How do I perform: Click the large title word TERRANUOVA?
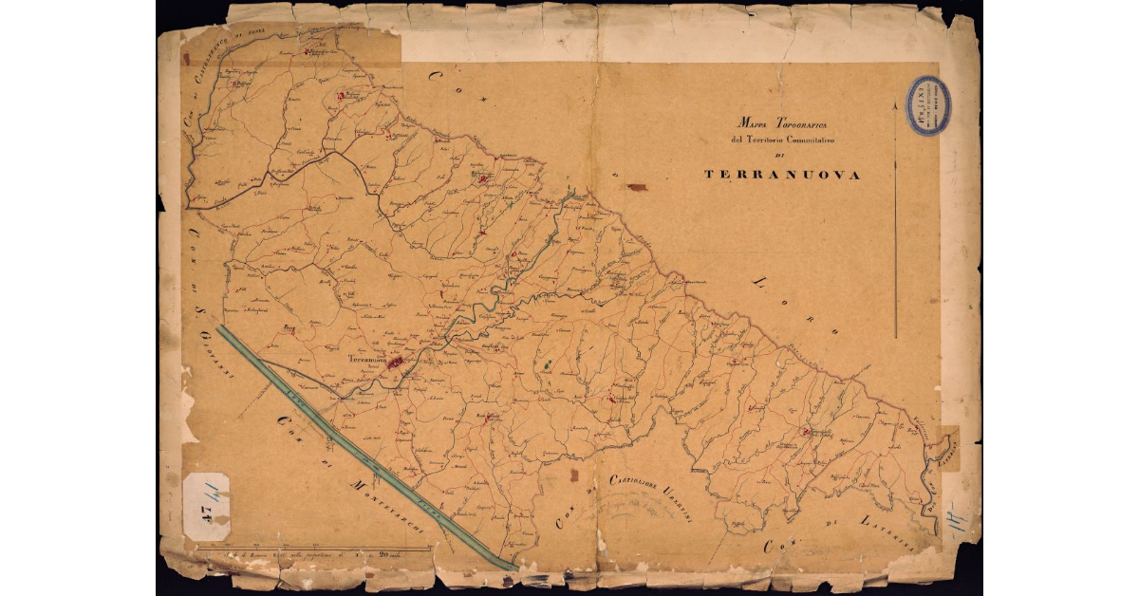(782, 176)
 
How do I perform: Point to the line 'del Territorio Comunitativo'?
(782, 140)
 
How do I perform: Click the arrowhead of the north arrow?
(896, 106)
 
